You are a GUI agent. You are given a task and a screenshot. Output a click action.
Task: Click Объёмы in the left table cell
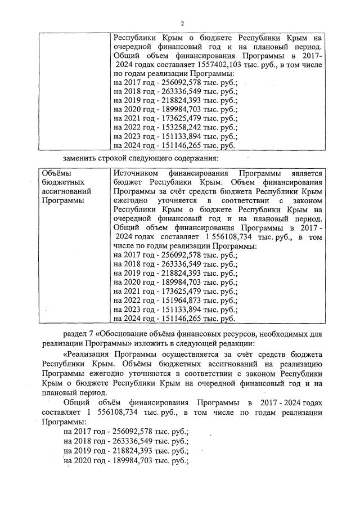click(57, 173)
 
